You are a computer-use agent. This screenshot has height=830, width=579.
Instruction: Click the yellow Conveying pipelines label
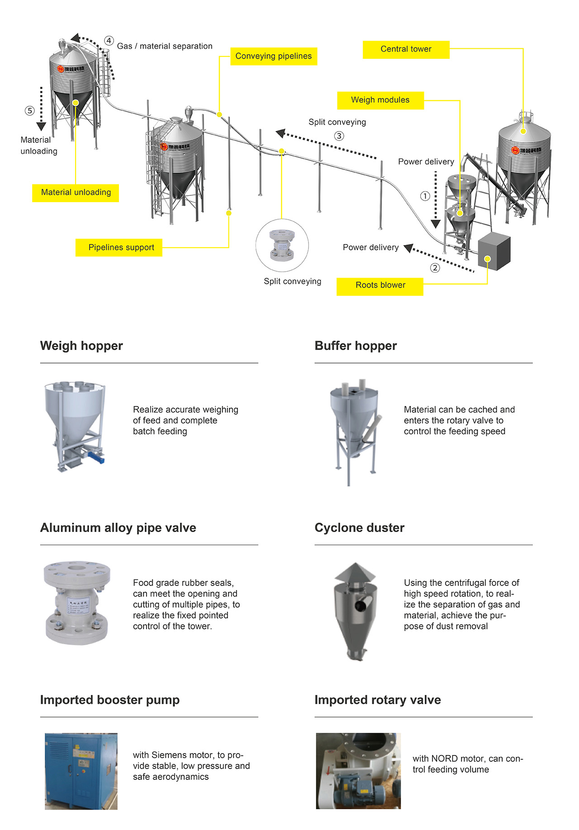point(274,57)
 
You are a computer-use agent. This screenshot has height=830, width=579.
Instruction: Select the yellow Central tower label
point(406,49)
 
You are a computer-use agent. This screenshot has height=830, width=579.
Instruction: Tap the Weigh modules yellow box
point(380,100)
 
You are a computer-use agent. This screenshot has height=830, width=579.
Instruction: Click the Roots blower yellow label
point(380,285)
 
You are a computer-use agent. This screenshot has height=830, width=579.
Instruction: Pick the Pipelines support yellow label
point(119,247)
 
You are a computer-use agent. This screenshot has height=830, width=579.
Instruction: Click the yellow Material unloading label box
point(76,193)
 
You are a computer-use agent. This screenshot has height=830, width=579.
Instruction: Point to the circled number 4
point(109,41)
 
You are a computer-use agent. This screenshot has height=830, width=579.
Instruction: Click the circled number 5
point(30,111)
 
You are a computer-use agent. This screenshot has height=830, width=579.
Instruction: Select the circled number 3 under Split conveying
point(339,136)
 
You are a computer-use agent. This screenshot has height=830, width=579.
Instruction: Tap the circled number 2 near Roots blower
point(435,268)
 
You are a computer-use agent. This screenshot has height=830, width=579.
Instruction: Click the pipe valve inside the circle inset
point(282,245)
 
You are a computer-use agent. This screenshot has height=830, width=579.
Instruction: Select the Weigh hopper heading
point(81,346)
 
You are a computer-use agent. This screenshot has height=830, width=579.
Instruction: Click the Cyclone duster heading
point(359,528)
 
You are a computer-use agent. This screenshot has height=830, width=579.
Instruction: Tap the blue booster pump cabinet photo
point(81,771)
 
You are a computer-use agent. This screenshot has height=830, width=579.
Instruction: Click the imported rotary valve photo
point(358,771)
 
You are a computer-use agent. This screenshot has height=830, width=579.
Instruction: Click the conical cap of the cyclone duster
point(355,572)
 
